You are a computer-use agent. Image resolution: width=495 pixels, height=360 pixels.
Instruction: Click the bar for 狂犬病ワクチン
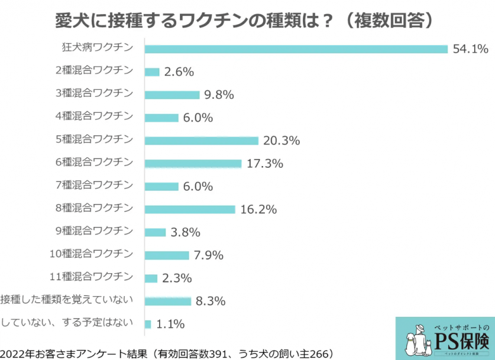[296, 48]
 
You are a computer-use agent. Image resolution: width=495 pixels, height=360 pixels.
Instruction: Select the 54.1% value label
[470, 48]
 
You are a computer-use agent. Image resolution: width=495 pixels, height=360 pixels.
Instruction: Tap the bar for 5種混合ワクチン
[202, 141]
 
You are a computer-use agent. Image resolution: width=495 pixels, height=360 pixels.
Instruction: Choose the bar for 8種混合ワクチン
[190, 209]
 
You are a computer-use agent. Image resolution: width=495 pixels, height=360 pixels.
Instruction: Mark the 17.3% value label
[265, 163]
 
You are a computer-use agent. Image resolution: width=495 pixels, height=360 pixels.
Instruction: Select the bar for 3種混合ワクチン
[172, 95]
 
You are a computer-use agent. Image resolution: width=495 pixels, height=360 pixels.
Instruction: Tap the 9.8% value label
[219, 95]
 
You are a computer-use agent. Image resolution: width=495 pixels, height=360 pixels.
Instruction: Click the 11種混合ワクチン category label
[95, 276]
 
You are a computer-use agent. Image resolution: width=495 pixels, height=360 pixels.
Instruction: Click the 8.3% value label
[211, 301]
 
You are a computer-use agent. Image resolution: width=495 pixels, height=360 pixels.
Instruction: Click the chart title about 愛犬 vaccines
[247, 20]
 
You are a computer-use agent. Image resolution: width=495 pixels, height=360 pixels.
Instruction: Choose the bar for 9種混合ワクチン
[155, 232]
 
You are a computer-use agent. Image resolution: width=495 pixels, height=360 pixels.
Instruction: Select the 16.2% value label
[259, 209]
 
